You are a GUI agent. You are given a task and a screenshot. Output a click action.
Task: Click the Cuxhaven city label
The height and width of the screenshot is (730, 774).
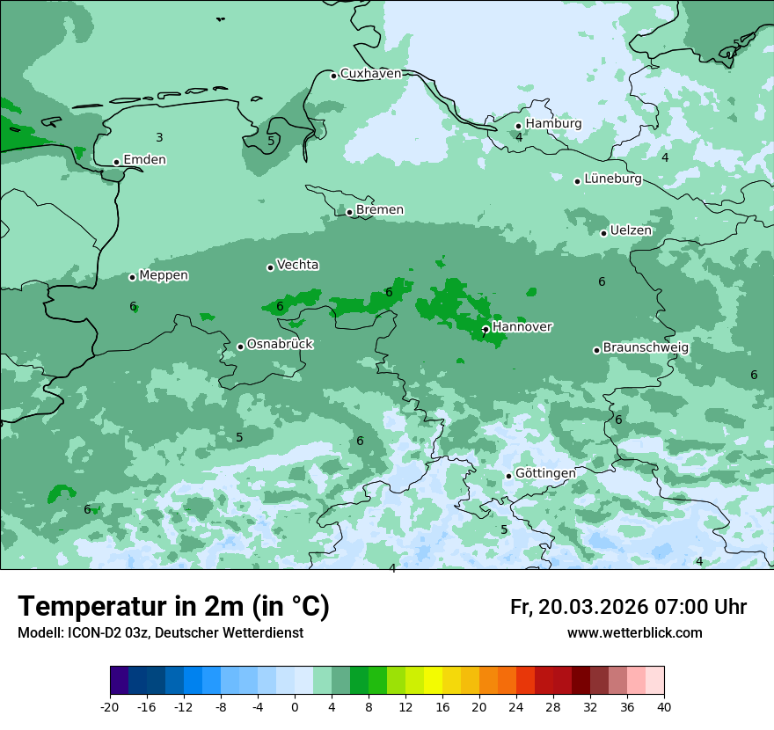pyautogui.click(x=370, y=74)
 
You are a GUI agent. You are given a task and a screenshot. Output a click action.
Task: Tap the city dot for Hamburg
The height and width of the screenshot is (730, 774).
pyautogui.click(x=518, y=126)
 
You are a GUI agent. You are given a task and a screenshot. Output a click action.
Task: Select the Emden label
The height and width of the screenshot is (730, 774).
pyautogui.click(x=144, y=160)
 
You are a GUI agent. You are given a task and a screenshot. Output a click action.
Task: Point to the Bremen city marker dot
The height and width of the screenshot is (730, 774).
pyautogui.click(x=349, y=212)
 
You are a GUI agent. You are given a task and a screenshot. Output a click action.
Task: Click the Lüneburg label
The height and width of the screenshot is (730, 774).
pyautogui.click(x=612, y=179)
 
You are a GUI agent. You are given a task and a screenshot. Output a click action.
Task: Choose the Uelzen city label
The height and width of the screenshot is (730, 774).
pyautogui.click(x=631, y=231)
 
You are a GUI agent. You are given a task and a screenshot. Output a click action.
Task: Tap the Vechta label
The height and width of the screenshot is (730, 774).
pyautogui.click(x=297, y=265)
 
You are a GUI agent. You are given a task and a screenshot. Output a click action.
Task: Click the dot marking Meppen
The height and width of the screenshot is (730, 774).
pyautogui.click(x=132, y=277)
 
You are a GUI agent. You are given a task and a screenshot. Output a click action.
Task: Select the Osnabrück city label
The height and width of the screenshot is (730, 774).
pyautogui.click(x=280, y=345)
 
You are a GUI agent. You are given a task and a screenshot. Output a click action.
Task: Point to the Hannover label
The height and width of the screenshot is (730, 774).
pyautogui.click(x=522, y=327)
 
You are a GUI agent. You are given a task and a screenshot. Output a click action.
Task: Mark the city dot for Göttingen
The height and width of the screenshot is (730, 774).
pyautogui.click(x=508, y=476)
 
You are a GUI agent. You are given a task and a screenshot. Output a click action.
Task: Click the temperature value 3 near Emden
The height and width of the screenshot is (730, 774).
pyautogui.click(x=159, y=137)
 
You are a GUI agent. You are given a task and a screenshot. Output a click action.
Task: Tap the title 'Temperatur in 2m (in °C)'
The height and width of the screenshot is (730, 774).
pyautogui.click(x=173, y=607)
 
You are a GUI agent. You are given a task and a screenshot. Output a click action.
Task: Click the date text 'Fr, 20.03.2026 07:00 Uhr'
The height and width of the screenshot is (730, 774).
pyautogui.click(x=628, y=608)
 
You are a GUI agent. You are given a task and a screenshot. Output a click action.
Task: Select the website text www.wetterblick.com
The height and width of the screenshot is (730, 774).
pyautogui.click(x=634, y=633)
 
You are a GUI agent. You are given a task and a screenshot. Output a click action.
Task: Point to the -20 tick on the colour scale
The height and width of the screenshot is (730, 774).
pyautogui.click(x=110, y=707)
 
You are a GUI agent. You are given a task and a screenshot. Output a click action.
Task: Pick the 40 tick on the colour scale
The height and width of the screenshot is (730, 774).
pyautogui.click(x=664, y=707)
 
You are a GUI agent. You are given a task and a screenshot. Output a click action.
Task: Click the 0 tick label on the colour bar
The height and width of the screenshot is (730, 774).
pyautogui.click(x=295, y=707)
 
